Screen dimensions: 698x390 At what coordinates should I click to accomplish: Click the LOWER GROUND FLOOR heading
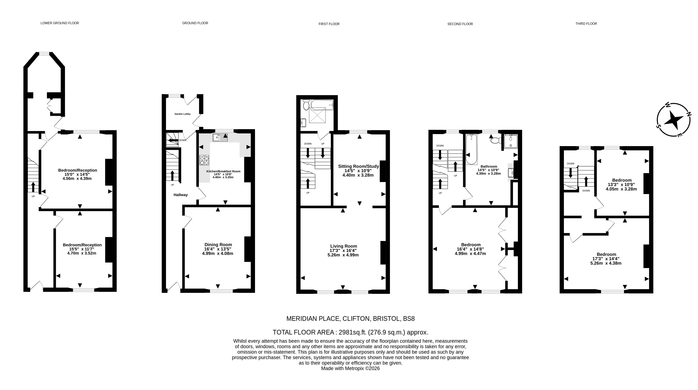click(60, 23)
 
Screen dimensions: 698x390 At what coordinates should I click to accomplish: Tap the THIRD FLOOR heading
click(586, 24)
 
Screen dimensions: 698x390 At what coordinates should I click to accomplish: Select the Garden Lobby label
click(182, 114)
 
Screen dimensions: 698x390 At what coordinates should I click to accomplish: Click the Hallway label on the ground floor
click(181, 195)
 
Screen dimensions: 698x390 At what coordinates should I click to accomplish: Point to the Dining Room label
click(218, 245)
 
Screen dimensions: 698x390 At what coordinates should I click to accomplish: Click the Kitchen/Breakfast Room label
click(223, 171)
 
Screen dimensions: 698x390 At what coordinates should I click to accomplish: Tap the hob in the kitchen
click(205, 160)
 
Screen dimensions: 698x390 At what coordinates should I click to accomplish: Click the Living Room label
click(343, 246)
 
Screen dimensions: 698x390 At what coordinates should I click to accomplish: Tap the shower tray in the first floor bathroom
click(317, 115)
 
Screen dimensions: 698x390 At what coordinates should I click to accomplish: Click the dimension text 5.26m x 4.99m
click(343, 255)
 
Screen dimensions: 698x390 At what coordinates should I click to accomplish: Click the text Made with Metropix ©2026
click(350, 368)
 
